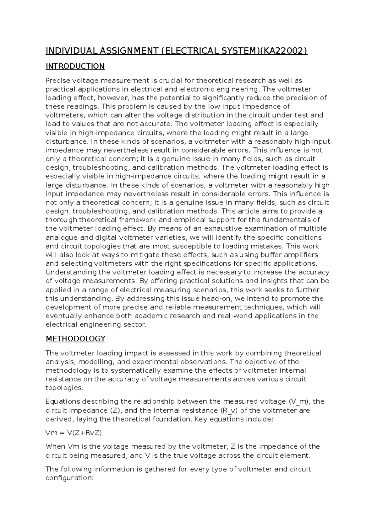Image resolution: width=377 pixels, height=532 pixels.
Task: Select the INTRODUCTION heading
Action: [75, 66]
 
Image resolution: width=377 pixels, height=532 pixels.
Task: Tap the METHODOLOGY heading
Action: [75, 339]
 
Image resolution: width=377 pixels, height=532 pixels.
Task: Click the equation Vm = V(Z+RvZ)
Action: [74, 433]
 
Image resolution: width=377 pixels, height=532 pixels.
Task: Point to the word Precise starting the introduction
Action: [56, 81]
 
